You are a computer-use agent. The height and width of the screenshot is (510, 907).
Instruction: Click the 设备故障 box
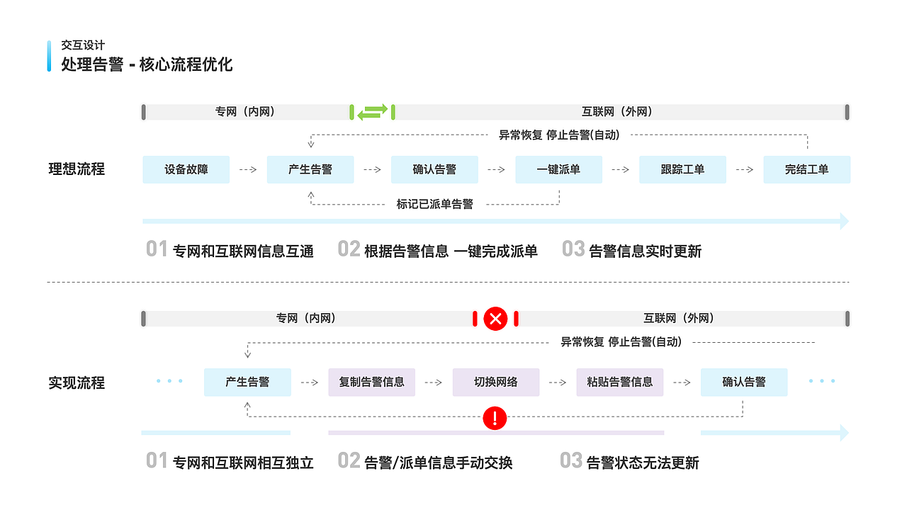(186, 170)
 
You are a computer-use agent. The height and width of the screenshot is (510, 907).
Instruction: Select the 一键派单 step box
(558, 170)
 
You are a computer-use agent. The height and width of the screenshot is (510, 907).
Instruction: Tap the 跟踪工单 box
(682, 170)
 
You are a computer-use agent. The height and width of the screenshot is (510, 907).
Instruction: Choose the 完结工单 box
(806, 170)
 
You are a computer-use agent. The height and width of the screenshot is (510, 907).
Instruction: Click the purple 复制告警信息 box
(371, 382)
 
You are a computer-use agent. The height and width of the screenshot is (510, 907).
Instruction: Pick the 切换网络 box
(496, 382)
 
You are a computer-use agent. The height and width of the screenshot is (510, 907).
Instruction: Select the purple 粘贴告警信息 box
(619, 382)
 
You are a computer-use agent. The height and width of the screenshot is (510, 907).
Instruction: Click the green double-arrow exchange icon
(372, 112)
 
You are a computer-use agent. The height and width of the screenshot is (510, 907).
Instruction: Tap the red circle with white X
(495, 319)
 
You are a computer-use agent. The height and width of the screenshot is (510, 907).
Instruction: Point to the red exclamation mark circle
(495, 418)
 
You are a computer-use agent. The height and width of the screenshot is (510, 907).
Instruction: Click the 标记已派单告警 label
(434, 205)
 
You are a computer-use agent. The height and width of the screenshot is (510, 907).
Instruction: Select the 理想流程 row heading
(77, 170)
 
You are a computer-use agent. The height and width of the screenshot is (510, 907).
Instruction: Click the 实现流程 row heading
(77, 383)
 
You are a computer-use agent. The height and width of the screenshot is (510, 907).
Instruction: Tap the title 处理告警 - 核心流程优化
(147, 64)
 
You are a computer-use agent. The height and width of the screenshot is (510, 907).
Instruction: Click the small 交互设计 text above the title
(83, 45)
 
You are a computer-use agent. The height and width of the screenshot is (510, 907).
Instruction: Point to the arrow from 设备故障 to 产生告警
(248, 170)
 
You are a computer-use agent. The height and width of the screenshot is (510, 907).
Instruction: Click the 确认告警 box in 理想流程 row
(434, 170)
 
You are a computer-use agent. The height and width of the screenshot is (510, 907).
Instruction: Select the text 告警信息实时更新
(645, 251)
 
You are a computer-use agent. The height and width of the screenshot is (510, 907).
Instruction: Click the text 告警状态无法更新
(643, 463)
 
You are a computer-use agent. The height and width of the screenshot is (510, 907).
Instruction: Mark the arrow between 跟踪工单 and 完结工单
(745, 170)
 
